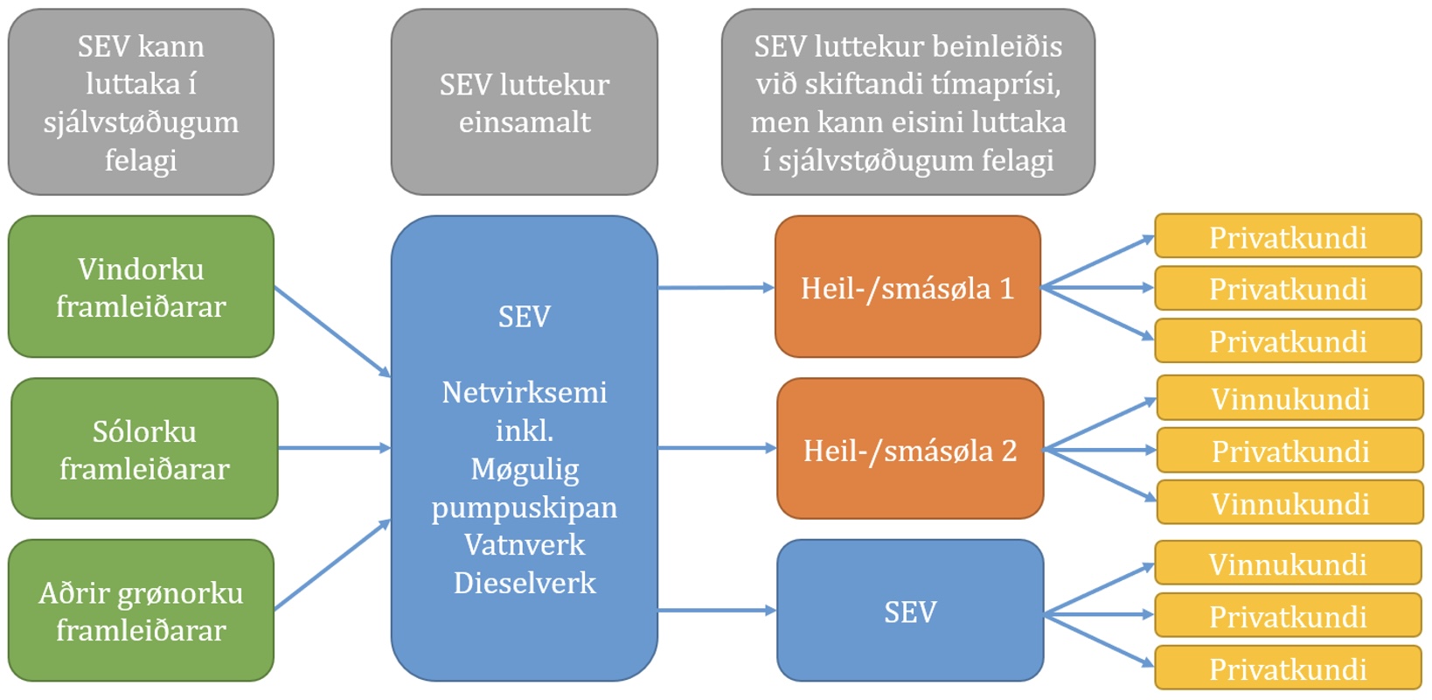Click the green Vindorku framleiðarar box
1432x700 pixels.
point(142,287)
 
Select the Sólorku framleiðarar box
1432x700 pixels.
point(144,449)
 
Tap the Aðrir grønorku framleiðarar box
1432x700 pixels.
point(142,611)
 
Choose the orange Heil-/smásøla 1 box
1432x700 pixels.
point(907,287)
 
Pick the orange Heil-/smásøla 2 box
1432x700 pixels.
point(910,449)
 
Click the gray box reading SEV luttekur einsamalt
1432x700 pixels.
point(525,101)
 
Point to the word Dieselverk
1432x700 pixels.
point(525,583)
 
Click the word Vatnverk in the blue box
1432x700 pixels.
point(525,545)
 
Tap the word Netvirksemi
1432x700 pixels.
point(525,392)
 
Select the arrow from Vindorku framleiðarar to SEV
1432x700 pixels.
point(332,332)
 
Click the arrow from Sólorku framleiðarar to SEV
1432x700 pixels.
point(334,448)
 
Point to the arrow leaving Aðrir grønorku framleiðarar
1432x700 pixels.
point(332,564)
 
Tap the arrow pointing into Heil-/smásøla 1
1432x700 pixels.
point(716,287)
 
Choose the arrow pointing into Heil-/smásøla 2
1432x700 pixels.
point(717,448)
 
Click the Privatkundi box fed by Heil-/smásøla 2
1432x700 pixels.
point(1290,451)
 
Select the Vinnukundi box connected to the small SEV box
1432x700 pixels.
point(1288,563)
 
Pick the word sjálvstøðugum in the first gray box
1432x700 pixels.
point(142,122)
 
